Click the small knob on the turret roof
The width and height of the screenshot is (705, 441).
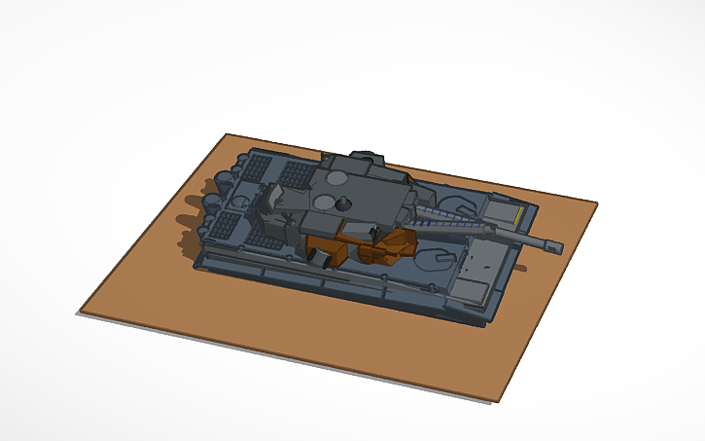[x=343, y=203]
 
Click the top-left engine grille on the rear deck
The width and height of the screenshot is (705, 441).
[x=256, y=168]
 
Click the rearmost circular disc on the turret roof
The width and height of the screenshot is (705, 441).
[x=335, y=179]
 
